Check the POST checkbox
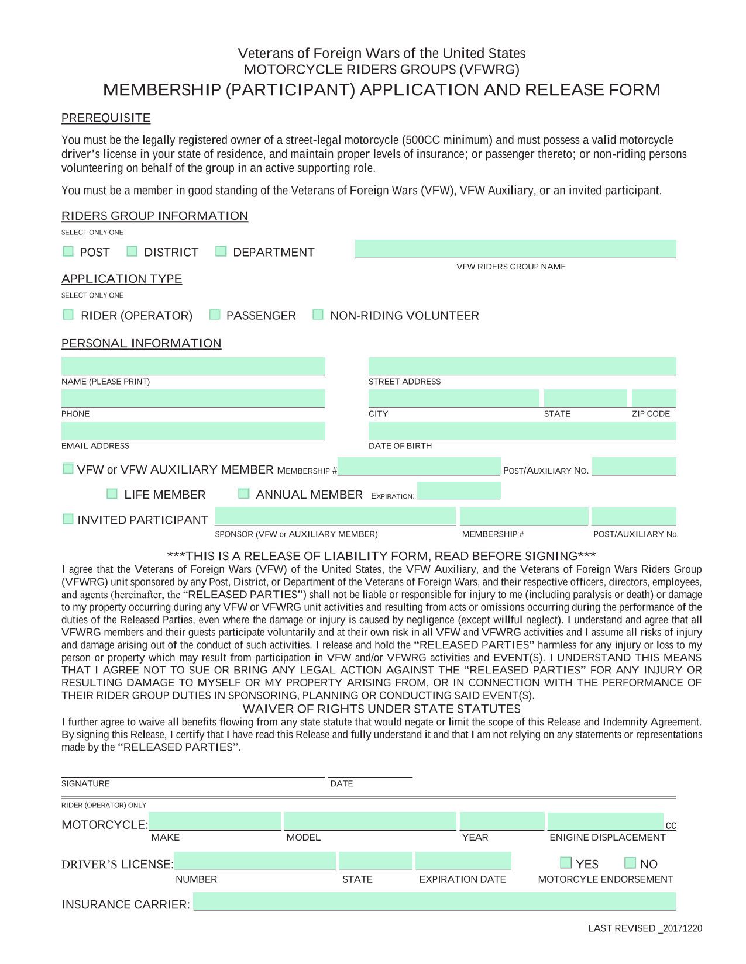(68, 251)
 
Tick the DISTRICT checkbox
(132, 251)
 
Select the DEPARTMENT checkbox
(221, 251)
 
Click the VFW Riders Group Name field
(515, 249)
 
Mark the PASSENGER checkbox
(215, 315)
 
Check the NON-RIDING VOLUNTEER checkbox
(318, 315)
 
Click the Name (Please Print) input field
(192, 367)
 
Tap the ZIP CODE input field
(654, 399)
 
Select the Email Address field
(192, 431)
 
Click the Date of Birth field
(522, 431)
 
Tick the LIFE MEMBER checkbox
(112, 494)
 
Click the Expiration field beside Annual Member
(459, 492)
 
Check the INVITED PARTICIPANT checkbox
(68, 519)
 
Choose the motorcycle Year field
(501, 821)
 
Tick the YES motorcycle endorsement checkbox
(566, 863)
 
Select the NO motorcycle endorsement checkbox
(630, 863)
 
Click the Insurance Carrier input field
(434, 901)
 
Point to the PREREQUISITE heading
(106, 118)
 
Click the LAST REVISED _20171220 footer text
(645, 928)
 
